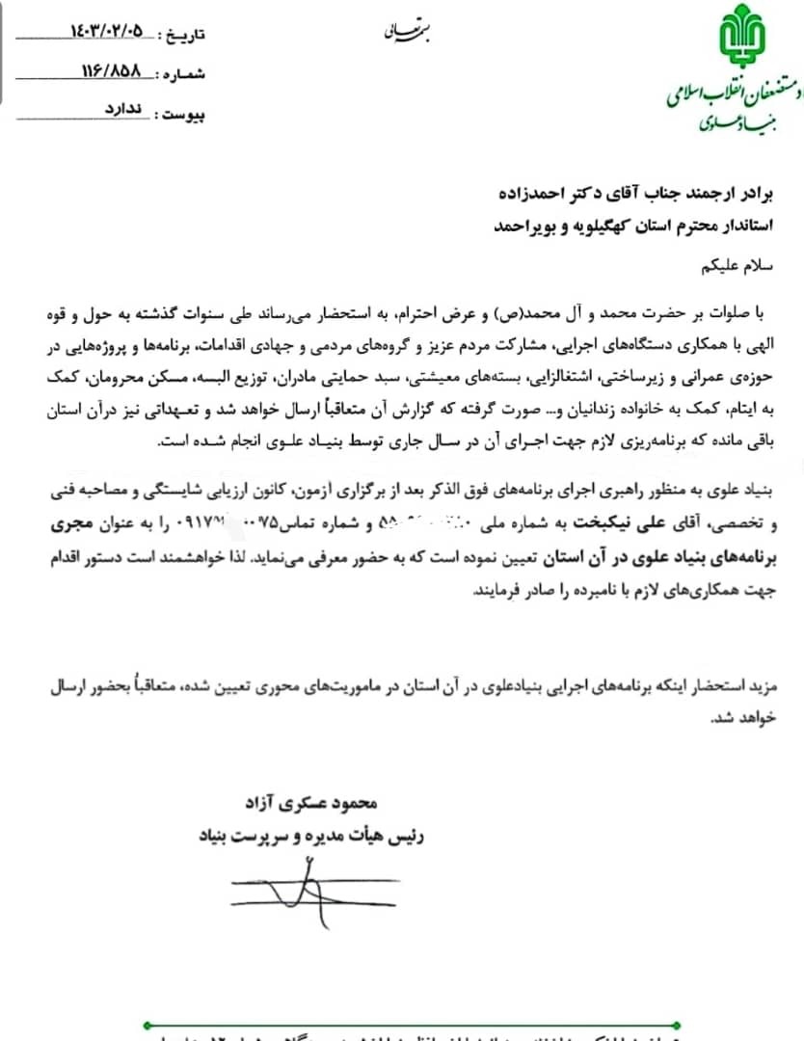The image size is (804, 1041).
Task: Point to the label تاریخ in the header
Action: pyautogui.click(x=185, y=35)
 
